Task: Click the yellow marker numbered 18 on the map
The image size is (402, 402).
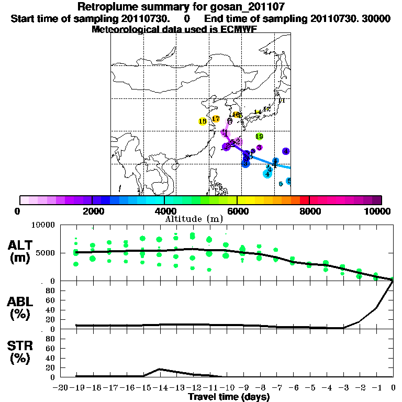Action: [203, 121]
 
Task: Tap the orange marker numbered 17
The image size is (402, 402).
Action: [216, 119]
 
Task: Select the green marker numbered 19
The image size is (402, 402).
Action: [259, 137]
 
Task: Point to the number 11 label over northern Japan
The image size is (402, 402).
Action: [282, 100]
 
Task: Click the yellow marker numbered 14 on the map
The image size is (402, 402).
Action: [257, 112]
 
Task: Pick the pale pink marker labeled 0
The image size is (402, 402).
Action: [230, 121]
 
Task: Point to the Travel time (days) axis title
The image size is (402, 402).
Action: [229, 397]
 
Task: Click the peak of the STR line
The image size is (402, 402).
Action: [160, 369]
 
